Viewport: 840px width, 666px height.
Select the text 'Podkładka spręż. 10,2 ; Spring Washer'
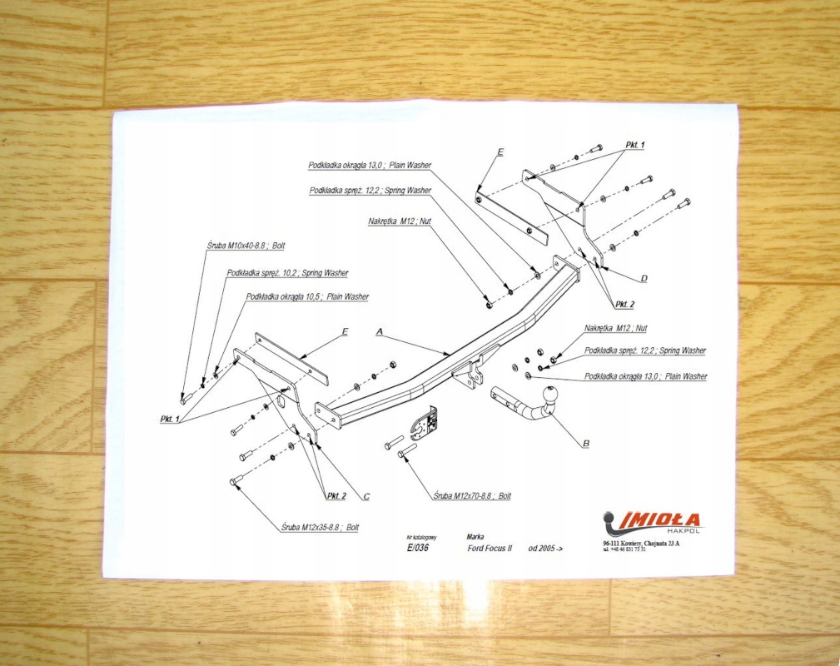pos(287,273)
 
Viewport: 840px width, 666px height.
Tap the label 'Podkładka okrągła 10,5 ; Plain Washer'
pos(307,296)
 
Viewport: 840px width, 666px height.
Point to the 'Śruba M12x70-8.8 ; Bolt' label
pos(472,496)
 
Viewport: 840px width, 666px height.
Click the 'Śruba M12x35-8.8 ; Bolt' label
pos(320,528)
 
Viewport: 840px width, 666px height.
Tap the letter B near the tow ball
pos(585,444)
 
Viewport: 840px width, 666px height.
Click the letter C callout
pos(365,497)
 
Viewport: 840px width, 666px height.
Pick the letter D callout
pos(644,277)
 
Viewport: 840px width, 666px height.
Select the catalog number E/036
pos(418,549)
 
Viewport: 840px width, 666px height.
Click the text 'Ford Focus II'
pos(490,549)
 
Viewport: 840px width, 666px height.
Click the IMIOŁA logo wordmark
pos(651,519)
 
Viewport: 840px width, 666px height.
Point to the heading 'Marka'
pos(476,538)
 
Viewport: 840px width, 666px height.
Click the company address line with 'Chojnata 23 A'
pos(642,543)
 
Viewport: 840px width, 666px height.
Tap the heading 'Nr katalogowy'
pos(421,539)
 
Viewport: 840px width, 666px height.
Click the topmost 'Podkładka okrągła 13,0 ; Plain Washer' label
pos(369,166)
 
